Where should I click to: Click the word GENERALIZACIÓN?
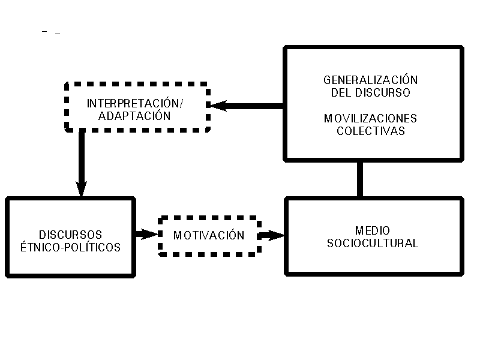pos(370,80)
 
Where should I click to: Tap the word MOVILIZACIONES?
pos(370,118)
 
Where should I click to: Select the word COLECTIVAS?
pos(370,131)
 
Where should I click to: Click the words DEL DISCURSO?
pos(370,93)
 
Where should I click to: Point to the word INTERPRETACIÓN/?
pos(135,103)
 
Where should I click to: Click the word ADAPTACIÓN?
pos(135,116)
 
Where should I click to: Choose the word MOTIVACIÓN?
pos(209,235)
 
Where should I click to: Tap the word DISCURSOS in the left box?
pos(70,234)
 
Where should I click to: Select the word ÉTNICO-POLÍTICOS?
pos(70,247)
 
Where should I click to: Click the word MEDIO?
pos(372,230)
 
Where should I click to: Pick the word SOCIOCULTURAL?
pos(372,244)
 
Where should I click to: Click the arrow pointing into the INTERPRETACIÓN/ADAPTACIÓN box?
pos(246,106)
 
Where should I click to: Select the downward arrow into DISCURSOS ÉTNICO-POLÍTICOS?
pos(82,162)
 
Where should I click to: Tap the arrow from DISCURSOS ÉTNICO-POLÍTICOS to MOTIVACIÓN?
pos(146,234)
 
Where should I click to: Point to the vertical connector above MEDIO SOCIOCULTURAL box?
pos(360,179)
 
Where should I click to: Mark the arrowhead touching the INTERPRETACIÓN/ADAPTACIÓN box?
pos(217,106)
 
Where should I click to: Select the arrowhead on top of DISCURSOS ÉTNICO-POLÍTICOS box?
pos(82,188)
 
